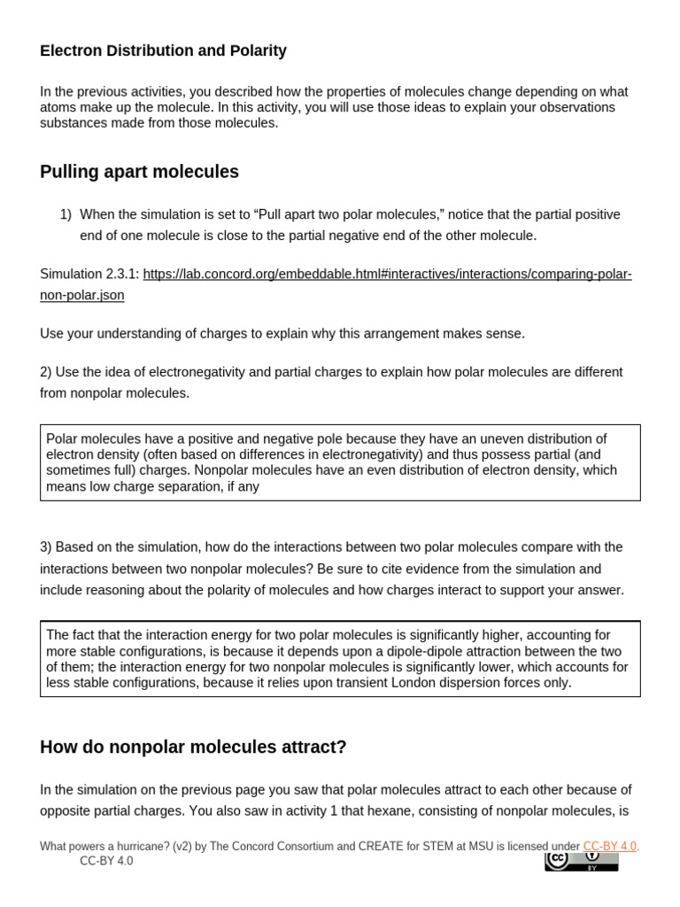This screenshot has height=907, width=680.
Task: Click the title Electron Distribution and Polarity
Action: tap(163, 50)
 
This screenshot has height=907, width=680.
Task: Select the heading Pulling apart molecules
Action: tap(139, 172)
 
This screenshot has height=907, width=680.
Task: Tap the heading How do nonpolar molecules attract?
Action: tap(193, 747)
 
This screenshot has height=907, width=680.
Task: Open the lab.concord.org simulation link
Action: tap(387, 274)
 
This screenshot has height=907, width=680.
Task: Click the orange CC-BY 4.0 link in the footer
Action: tap(609, 846)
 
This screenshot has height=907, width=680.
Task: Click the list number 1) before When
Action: tap(66, 214)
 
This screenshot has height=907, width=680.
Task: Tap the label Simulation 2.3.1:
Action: tap(89, 274)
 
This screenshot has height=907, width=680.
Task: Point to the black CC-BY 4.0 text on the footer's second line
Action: tap(106, 861)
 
